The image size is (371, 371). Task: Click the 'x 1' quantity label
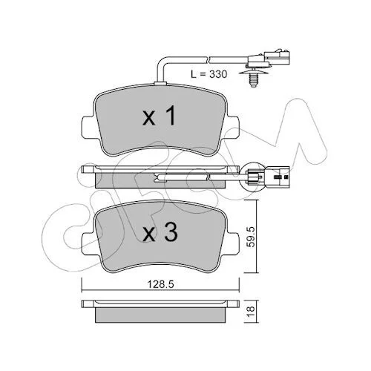tap(160, 116)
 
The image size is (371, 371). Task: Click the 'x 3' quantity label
tap(160, 232)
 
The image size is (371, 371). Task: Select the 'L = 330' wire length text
tap(209, 74)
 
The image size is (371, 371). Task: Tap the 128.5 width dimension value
tap(161, 284)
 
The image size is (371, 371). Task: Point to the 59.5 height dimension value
tap(252, 237)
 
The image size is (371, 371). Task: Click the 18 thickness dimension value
tap(251, 309)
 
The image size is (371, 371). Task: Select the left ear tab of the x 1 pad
tap(88, 128)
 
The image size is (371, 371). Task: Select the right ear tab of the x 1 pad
tap(233, 128)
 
